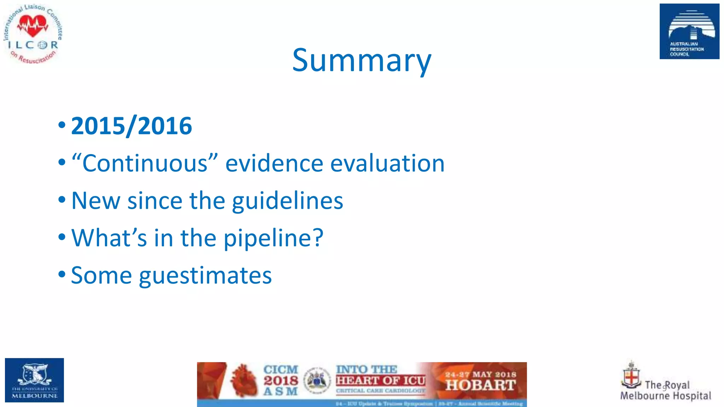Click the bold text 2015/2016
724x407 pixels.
(132, 126)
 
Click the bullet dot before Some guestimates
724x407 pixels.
(62, 274)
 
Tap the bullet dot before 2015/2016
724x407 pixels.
(62, 125)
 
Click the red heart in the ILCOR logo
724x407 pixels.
(33, 26)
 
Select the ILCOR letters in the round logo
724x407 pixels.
(33, 45)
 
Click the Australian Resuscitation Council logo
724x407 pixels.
(689, 31)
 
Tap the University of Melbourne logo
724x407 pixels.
(34, 380)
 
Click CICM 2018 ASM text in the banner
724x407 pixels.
(281, 381)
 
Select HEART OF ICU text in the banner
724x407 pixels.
(380, 381)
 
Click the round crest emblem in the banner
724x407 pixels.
(317, 381)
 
